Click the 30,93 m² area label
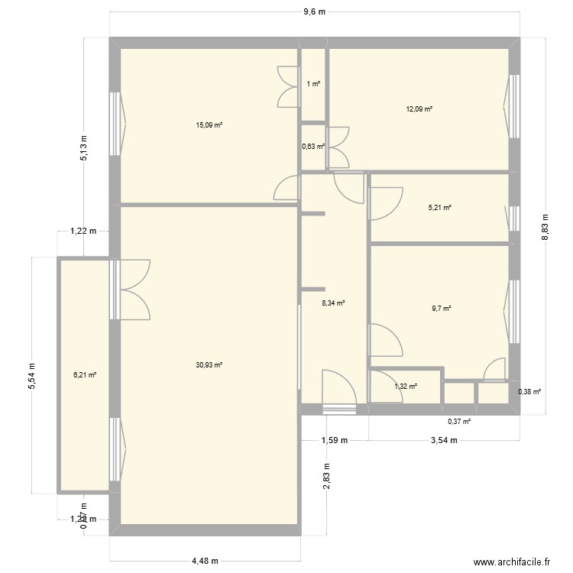209,365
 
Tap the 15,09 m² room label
209,125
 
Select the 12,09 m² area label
419,109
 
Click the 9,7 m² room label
441,309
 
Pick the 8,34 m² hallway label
334,303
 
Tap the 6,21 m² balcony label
84,375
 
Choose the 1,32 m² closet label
406,387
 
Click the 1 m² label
313,84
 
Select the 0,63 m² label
313,147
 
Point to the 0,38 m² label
529,392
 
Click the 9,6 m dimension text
315,11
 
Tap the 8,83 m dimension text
545,227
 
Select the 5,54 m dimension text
32,375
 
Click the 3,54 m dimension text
444,440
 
